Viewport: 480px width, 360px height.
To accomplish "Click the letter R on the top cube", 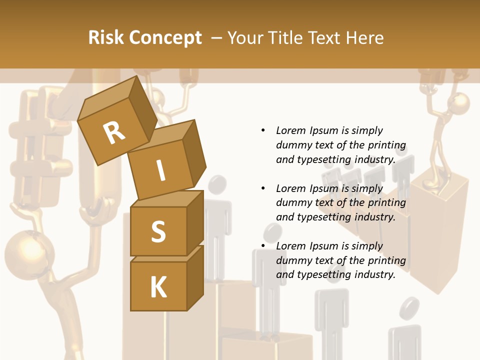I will coord(114,132).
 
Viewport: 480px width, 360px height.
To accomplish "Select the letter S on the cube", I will coord(158,232).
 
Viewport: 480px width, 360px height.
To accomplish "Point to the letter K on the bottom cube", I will coord(158,287).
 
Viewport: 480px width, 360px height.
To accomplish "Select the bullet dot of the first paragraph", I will coord(263,130).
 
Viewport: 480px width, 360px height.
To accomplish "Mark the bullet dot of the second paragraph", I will coord(263,188).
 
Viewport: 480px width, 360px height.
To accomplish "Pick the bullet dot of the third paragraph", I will coord(263,246).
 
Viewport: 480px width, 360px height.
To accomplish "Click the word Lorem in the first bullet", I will coord(291,130).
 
